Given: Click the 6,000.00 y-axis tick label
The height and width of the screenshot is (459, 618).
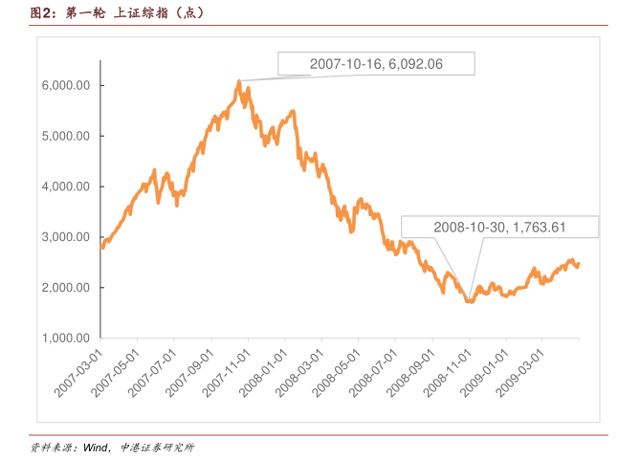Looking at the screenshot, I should coord(66,85).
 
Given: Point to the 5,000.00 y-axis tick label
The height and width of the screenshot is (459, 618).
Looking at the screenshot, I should coord(66,136).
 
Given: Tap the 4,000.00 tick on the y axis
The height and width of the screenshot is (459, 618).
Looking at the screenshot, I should coord(66,186).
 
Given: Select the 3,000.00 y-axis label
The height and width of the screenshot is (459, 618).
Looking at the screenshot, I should coord(66,237).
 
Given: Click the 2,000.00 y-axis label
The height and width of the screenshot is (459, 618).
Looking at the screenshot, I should coord(66,288).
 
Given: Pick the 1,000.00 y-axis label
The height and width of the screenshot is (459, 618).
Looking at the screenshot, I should coord(66,339).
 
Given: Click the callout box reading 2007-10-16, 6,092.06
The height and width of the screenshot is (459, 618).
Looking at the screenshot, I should coord(376,63).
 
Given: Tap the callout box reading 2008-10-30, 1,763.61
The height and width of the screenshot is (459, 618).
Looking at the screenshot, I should coord(500,227).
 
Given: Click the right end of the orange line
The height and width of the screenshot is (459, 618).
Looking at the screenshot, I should coord(578,264).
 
